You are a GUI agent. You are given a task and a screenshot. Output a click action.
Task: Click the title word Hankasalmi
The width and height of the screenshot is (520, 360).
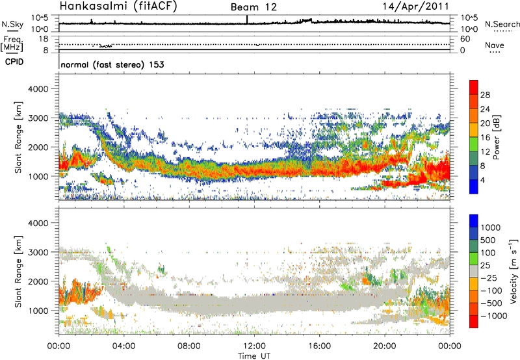[x=90, y=7]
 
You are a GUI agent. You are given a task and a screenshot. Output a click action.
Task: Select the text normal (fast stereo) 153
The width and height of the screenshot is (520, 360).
[x=112, y=65]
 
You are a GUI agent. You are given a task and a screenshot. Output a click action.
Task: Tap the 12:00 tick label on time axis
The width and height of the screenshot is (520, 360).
[x=254, y=344]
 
